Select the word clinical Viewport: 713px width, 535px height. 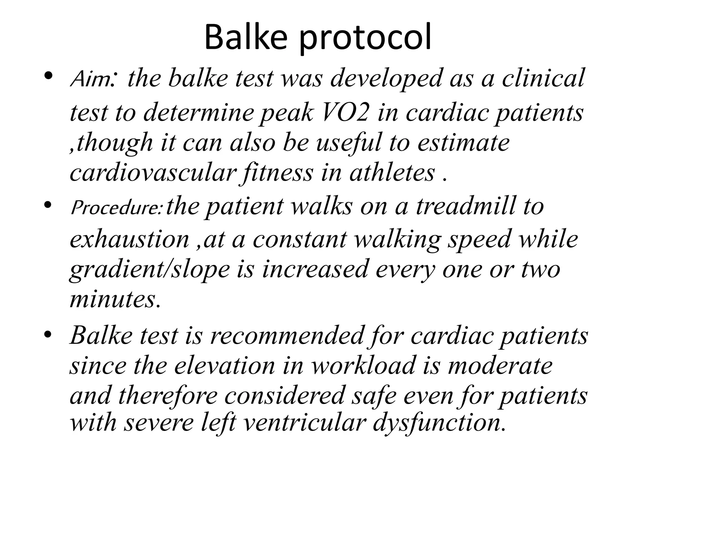[x=543, y=78]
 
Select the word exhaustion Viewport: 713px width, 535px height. [x=130, y=239]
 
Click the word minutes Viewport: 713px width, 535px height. [x=115, y=299]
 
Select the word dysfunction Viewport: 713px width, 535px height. [x=439, y=423]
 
